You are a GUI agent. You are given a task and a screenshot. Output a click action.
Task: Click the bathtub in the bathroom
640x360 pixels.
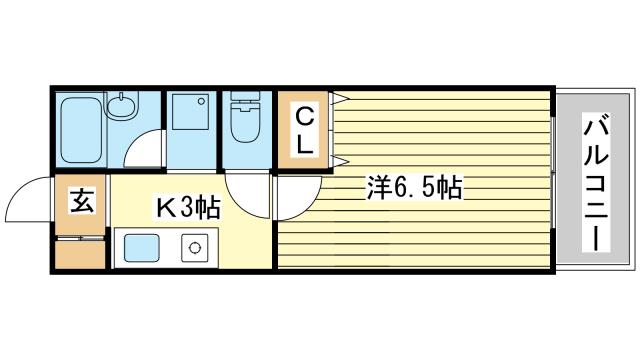coord(81,130)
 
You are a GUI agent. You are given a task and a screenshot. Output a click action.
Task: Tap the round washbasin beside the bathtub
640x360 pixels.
coord(121,107)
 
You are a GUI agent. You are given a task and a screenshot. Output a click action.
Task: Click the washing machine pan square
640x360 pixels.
coord(190,112)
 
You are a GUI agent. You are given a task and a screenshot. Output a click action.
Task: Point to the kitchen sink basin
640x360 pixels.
coord(141,248)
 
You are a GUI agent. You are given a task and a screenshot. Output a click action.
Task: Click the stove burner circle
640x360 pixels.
coord(195,248)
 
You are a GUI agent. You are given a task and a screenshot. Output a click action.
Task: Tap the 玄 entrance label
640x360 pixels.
coord(82,201)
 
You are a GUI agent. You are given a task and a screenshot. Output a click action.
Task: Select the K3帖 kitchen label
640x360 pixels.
coord(189,207)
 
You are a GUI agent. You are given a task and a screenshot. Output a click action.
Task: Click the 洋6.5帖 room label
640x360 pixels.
coord(415,189)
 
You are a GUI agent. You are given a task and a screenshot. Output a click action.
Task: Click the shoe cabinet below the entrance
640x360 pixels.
coord(80,254)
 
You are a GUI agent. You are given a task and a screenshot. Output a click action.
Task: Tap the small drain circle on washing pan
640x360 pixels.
coord(201,101)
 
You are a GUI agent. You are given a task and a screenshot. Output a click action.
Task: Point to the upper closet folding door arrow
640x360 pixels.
coord(340,98)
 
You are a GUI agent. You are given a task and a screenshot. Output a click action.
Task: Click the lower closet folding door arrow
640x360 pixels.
coord(340,161)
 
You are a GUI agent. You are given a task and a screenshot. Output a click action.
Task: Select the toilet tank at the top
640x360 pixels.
coord(245,96)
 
